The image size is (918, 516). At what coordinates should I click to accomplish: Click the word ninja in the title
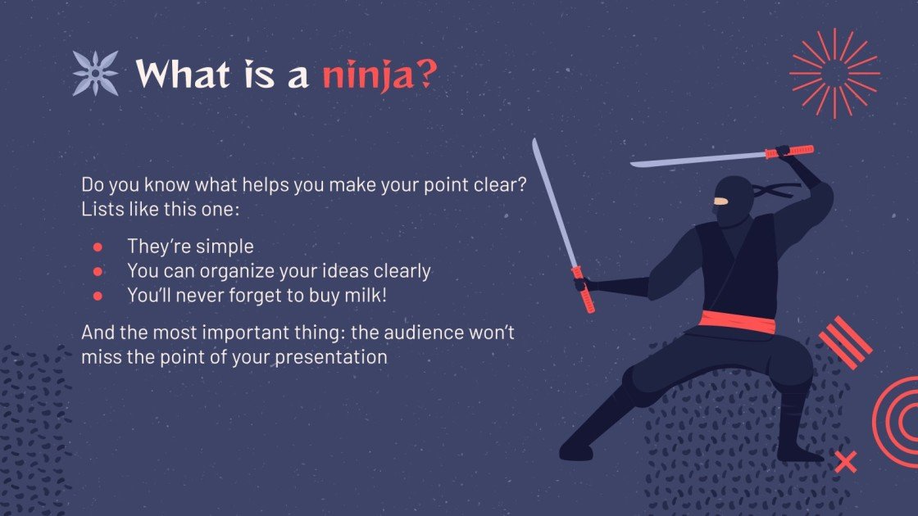pyautogui.click(x=367, y=75)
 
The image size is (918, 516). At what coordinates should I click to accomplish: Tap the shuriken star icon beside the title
pyautogui.click(x=96, y=73)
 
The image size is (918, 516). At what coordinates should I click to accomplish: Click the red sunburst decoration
pyautogui.click(x=834, y=73)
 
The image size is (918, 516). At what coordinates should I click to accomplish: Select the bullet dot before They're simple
pyautogui.click(x=98, y=247)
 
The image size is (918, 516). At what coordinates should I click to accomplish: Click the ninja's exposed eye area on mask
pyautogui.click(x=720, y=201)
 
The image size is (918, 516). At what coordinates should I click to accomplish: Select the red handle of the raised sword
pyautogui.click(x=789, y=152)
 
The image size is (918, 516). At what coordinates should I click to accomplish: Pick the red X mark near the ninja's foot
pyautogui.click(x=845, y=462)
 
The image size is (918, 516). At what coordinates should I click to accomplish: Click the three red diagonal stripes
pyautogui.click(x=845, y=342)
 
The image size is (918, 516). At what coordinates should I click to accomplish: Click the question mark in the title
pyautogui.click(x=425, y=75)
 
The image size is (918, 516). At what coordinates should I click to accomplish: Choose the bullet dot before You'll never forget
pyautogui.click(x=98, y=296)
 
